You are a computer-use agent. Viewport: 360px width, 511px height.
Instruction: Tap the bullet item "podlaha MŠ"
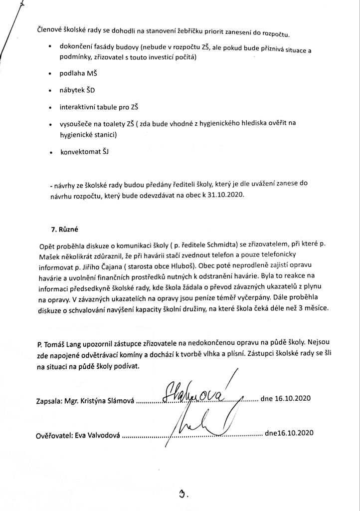click(x=79, y=73)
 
